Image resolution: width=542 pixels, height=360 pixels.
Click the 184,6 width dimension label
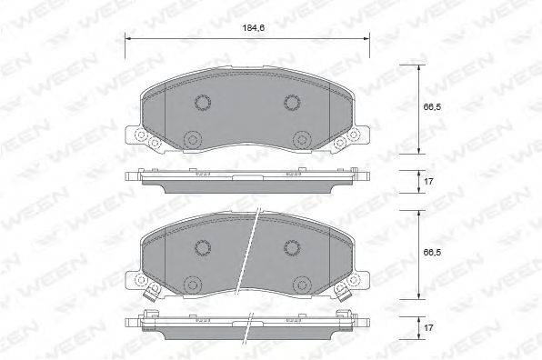pyautogui.click(x=254, y=28)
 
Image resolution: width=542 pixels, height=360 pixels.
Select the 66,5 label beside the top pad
pyautogui.click(x=432, y=106)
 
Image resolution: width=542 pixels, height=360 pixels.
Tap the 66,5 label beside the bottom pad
pyautogui.click(x=432, y=253)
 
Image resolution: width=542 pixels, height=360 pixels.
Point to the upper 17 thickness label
pyautogui.click(x=428, y=182)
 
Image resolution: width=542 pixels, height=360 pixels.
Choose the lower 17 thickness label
pyautogui.click(x=428, y=327)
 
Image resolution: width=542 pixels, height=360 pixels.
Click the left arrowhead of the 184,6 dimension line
pyautogui.click(x=127, y=39)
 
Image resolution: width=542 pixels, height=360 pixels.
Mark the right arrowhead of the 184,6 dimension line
pyautogui.click(x=366, y=39)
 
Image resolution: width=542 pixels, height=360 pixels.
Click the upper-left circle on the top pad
pyautogui.click(x=203, y=102)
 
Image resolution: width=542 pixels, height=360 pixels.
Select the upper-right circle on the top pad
pyautogui.click(x=292, y=102)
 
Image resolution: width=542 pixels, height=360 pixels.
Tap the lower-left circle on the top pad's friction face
pyautogui.click(x=192, y=139)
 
